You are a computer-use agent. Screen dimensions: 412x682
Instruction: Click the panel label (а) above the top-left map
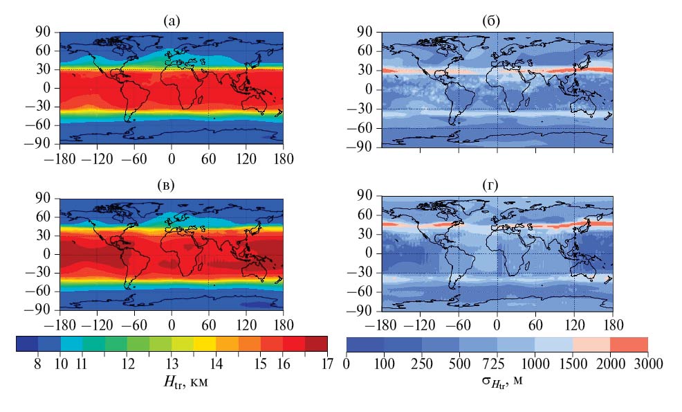171,22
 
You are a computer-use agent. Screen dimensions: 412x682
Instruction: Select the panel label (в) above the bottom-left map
171,185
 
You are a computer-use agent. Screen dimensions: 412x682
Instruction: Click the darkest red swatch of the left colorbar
315,344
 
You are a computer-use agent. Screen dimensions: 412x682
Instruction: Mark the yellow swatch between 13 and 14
204,344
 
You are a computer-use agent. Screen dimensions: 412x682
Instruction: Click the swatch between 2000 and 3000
629,344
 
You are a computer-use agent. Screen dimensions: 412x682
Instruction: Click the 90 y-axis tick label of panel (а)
46,32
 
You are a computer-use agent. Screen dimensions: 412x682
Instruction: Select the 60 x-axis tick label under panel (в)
208,323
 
